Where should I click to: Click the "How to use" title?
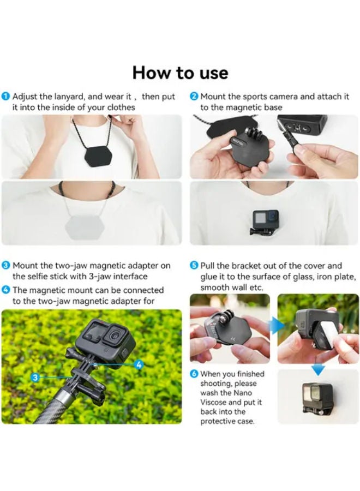pos(181,73)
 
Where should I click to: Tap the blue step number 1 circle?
pos(5,96)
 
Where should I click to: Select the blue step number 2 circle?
pos(194,96)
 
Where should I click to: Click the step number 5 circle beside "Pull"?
pos(194,266)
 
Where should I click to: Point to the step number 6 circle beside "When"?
pos(194,374)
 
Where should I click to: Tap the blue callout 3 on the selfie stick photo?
pos(35,378)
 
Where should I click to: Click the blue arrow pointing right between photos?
pos(278,325)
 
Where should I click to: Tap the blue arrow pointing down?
pos(318,370)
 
